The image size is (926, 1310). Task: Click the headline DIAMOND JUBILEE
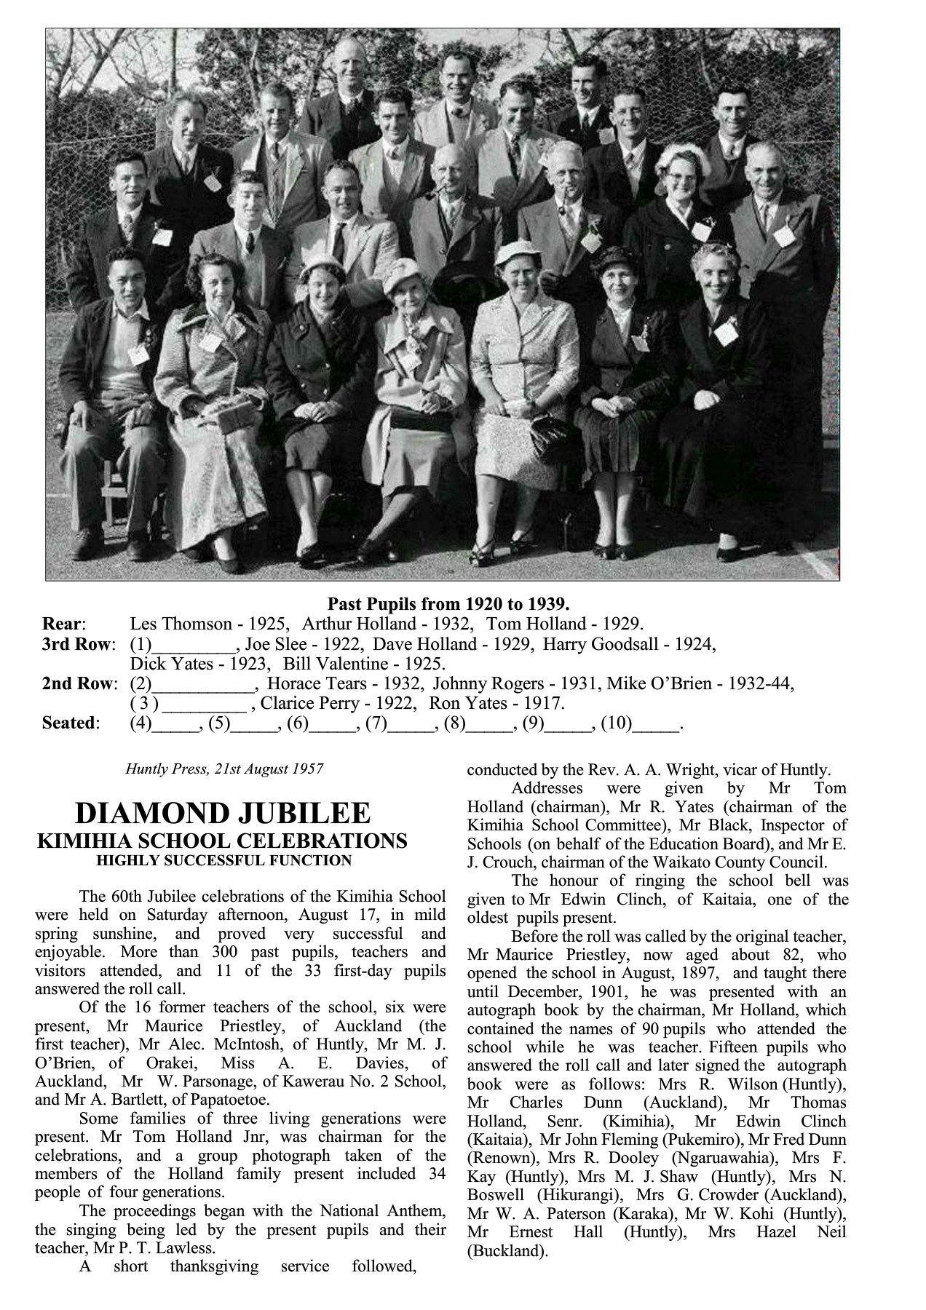pos(223,814)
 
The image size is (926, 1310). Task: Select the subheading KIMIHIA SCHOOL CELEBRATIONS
pos(222,841)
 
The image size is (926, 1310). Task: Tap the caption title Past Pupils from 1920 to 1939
pos(448,603)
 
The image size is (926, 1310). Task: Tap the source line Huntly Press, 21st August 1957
pos(224,769)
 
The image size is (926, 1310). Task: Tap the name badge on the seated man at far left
pos(138,353)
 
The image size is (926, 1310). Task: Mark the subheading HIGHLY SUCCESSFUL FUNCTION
pos(224,861)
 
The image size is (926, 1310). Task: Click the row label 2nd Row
pos(79,683)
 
